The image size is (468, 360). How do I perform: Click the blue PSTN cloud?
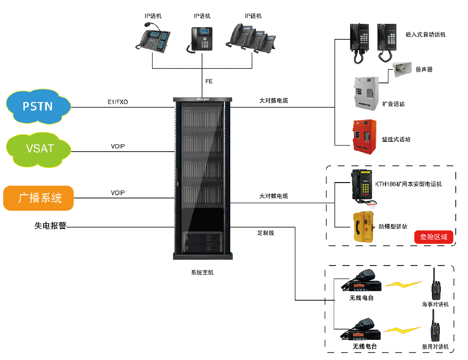38,106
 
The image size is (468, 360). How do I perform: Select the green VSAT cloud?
39,149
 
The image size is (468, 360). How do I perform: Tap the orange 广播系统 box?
39,198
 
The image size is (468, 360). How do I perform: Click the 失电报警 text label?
51,226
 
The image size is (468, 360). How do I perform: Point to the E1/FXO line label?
117,102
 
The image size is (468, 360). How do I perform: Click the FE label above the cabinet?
209,81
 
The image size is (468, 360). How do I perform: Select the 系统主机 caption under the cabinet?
202,272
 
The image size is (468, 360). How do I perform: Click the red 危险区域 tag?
434,237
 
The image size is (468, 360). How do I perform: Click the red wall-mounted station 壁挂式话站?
365,135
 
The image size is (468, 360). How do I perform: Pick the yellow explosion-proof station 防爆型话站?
364,227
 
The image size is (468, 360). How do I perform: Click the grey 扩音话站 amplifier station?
366,94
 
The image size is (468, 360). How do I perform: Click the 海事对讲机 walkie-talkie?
435,285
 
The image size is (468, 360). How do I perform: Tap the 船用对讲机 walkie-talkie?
435,331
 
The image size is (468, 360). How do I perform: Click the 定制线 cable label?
265,233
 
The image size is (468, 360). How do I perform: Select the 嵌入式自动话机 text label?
425,35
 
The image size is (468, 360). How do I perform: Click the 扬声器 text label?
424,69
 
